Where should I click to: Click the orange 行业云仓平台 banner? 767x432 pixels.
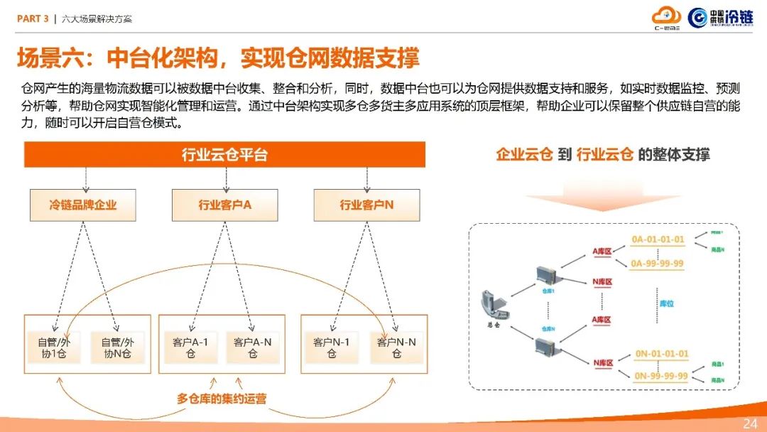click(224, 154)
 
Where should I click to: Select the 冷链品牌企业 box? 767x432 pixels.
click(83, 205)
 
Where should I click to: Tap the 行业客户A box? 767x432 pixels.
click(225, 205)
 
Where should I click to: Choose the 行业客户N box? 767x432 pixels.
click(366, 205)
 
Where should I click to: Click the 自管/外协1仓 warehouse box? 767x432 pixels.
click(54, 347)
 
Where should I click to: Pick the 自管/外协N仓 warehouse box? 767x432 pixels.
click(117, 347)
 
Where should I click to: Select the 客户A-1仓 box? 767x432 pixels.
click(190, 347)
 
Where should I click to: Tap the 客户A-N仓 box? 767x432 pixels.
click(253, 347)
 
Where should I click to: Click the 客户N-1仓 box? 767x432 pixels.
click(332, 347)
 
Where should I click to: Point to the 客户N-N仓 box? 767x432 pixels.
click(396, 347)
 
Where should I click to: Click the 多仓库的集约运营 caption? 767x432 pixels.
click(222, 399)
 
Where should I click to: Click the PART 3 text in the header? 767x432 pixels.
click(33, 19)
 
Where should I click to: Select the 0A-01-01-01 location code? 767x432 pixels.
click(658, 239)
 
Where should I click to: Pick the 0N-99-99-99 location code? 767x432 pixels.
click(661, 376)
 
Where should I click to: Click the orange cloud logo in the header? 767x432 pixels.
click(666, 17)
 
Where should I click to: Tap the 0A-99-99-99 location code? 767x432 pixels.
click(658, 264)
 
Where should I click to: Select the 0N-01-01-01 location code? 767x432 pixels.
click(661, 354)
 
